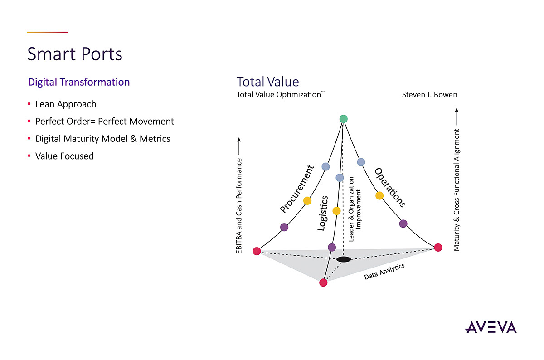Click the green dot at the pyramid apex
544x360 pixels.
[x=344, y=119]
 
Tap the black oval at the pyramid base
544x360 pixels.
[x=344, y=259]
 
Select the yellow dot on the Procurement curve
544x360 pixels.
[x=307, y=200]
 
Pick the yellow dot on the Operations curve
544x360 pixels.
[x=379, y=195]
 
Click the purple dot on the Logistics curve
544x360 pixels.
[x=332, y=247]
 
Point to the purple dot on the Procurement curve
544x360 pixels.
[x=284, y=227]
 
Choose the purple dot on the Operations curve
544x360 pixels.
[x=403, y=224]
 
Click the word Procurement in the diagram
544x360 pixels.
[x=297, y=189]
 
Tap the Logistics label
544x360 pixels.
[x=322, y=213]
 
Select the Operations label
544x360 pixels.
[x=389, y=187]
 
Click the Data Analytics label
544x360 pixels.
[x=384, y=271]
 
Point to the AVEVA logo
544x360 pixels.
[x=491, y=327]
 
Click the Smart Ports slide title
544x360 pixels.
[x=75, y=54]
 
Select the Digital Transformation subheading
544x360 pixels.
[x=79, y=82]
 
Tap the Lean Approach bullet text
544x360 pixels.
[x=66, y=104]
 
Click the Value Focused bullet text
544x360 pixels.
[x=64, y=156]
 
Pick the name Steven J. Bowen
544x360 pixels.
[x=429, y=95]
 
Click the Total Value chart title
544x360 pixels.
[x=267, y=82]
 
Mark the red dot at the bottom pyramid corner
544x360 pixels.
[x=323, y=282]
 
